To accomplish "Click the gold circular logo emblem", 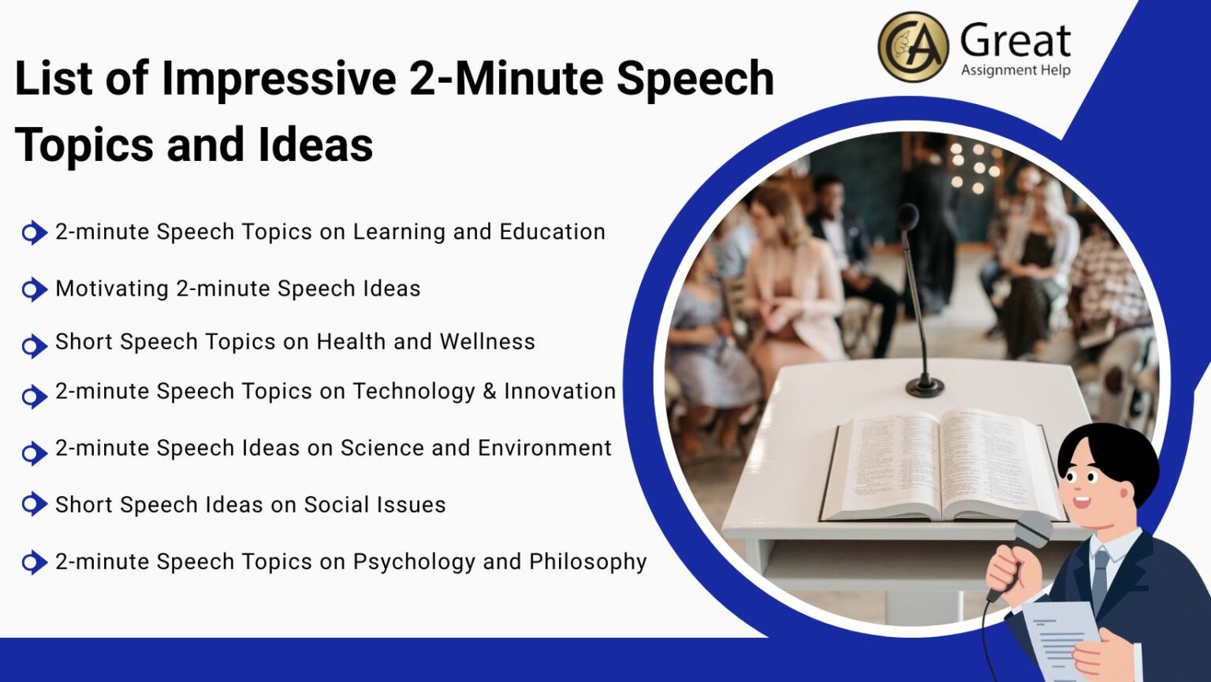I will [x=913, y=47].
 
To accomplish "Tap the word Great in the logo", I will [x=1015, y=40].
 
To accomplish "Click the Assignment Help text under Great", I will [x=1015, y=70].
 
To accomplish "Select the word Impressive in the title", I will [x=278, y=79].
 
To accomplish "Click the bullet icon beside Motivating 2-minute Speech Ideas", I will [x=34, y=289].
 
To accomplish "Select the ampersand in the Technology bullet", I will [x=489, y=391].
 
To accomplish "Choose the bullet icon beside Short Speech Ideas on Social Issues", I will [x=34, y=504].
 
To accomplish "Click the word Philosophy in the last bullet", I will [x=587, y=561].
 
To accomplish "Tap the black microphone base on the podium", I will [x=924, y=386].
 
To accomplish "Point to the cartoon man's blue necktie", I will [x=1100, y=580].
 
